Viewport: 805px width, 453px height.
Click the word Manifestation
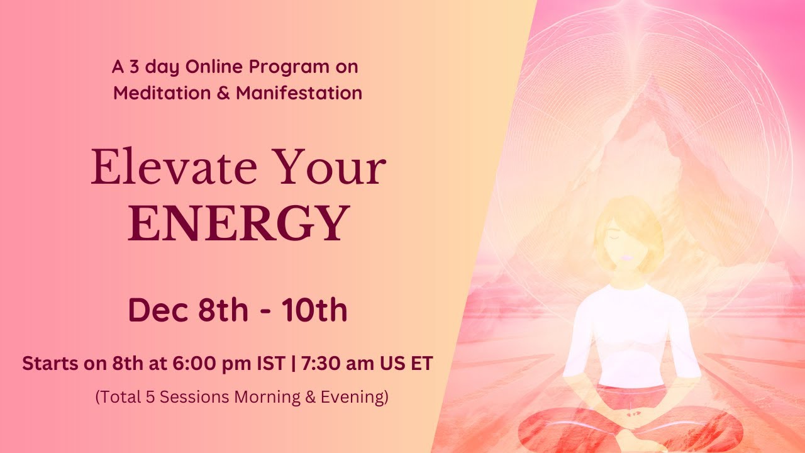coord(299,93)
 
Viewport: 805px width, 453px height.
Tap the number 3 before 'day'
coord(133,66)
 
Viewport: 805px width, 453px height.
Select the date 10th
coord(314,311)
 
